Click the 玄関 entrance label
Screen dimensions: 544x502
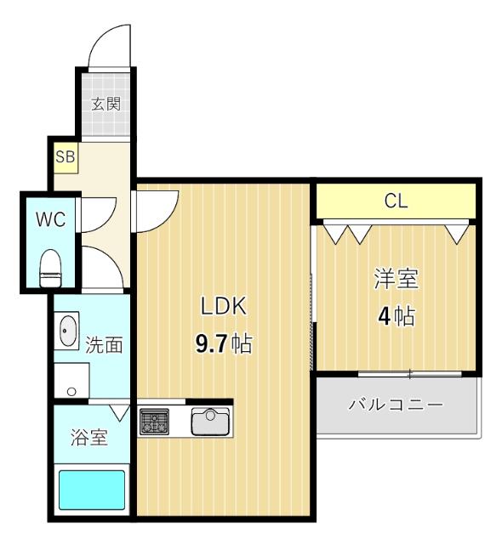[x=106, y=105]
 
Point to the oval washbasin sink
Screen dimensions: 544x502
[x=67, y=331]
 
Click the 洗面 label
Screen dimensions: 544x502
[x=105, y=345]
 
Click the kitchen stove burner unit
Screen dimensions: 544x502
[x=154, y=421]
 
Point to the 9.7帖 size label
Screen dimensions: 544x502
[x=223, y=344]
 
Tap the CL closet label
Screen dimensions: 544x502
[x=396, y=201]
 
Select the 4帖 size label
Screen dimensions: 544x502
[x=396, y=317]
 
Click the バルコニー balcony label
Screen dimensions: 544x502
[x=396, y=405]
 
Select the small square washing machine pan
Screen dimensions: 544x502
[x=72, y=382]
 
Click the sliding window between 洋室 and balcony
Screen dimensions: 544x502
[x=409, y=373]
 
